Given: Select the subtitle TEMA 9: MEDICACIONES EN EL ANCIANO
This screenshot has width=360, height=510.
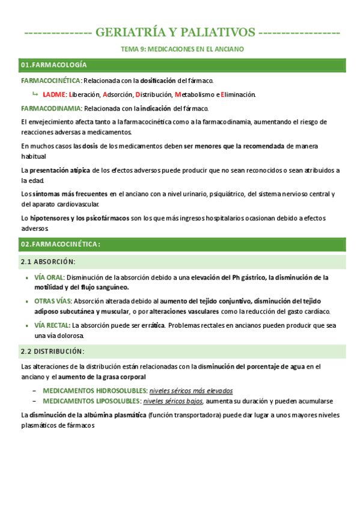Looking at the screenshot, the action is pos(180,49).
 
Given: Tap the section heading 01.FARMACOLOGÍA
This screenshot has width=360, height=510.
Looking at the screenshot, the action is pos(54,64).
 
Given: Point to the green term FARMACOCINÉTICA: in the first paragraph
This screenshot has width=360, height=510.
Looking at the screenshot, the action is pos(50,80).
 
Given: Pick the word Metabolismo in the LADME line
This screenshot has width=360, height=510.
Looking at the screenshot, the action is pos(196,94).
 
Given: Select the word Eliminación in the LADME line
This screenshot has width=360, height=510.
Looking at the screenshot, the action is pos(239,94).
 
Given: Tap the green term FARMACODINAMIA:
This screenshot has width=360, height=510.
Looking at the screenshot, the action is pos(51,108).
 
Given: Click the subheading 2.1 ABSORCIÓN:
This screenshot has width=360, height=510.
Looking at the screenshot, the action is pos(48,262).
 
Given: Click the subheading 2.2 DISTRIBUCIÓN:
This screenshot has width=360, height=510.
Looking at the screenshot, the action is pos(52,351).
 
